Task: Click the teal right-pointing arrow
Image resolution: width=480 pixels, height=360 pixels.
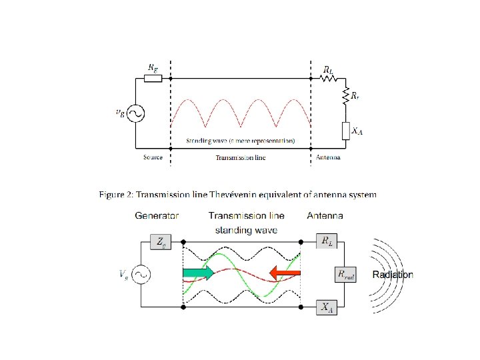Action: [198, 272]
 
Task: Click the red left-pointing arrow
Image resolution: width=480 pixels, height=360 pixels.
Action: [285, 272]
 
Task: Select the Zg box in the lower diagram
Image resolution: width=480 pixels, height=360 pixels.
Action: [162, 242]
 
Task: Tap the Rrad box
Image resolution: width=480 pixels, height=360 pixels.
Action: [345, 274]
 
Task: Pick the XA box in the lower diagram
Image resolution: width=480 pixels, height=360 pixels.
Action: [326, 307]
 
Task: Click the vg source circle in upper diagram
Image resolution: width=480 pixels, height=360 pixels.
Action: [135, 113]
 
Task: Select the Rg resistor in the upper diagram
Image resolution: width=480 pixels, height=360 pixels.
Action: [153, 78]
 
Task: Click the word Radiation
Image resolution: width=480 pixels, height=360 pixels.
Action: [392, 275]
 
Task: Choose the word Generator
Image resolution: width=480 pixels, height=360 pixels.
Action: [157, 216]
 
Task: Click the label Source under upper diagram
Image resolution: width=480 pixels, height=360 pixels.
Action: [153, 158]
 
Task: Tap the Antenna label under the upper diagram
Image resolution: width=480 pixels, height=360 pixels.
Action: [327, 158]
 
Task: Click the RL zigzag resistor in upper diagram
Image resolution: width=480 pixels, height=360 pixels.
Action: [328, 78]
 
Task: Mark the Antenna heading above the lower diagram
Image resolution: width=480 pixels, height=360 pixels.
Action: [325, 216]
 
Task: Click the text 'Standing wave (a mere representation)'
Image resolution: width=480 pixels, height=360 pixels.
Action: [240, 141]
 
